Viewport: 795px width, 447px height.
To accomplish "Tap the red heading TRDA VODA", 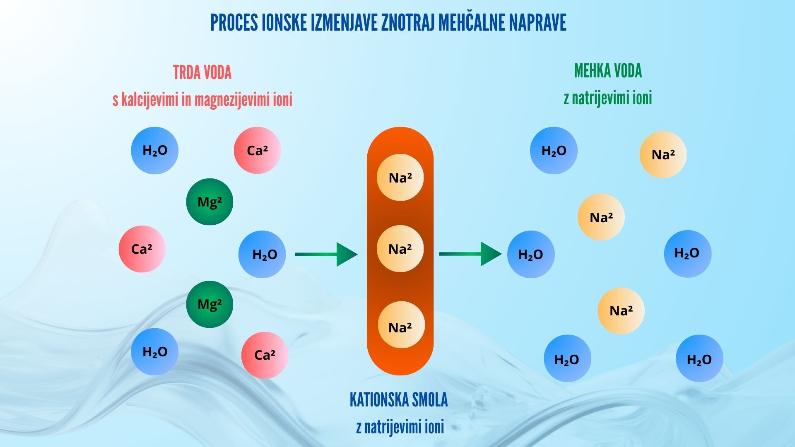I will tap(202, 73).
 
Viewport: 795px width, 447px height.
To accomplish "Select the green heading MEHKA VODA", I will tap(607, 71).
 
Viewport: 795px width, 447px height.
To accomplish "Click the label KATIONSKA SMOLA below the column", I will tap(398, 400).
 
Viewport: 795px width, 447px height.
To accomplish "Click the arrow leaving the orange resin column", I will tap(470, 254).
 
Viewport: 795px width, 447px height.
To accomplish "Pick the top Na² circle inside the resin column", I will tap(400, 178).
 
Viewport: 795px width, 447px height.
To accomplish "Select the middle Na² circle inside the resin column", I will tap(400, 249).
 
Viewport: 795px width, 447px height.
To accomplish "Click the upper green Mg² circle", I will tap(210, 202).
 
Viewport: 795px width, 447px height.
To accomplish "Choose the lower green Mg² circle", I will tap(210, 304).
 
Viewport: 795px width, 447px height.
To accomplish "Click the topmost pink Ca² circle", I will tap(257, 150).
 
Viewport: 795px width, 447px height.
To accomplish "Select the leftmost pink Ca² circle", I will tap(142, 249).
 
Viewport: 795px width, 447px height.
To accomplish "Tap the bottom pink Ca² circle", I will tap(265, 355).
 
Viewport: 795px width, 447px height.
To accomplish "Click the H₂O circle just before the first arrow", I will tap(262, 254).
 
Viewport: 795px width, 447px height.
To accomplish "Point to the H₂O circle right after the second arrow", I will tap(531, 254).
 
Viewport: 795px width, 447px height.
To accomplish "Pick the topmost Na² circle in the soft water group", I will tap(663, 154).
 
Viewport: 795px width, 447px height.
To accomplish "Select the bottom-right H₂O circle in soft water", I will tap(699, 358).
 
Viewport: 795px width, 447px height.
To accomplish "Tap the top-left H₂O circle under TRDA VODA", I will tap(154, 150).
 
